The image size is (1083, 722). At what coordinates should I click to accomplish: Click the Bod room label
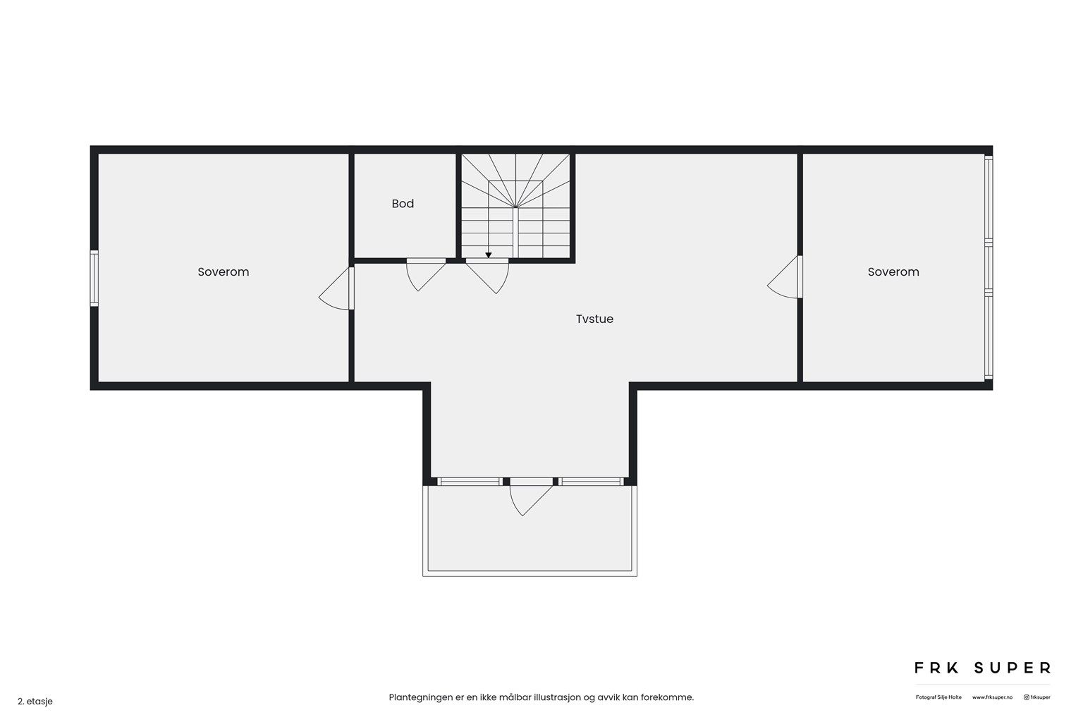coord(403,204)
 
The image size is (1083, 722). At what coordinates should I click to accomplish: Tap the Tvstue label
coord(594,319)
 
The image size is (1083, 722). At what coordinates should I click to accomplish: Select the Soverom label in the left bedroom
coord(223,272)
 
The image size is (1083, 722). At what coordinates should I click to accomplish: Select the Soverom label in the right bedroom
coord(893,272)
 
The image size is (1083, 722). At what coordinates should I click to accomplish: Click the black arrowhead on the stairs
coord(488,255)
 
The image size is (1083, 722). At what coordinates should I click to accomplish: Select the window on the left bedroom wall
coord(94,279)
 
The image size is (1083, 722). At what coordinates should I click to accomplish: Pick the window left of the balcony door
coord(469,482)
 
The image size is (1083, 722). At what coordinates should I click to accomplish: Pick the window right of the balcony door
coord(592,482)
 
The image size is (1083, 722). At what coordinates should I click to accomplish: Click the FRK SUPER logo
coord(982,668)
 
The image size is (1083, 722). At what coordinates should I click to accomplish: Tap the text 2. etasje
coord(35,702)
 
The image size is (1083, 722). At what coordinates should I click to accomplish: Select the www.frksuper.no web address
coord(992,697)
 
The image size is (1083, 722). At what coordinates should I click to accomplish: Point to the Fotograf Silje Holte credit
coord(938,697)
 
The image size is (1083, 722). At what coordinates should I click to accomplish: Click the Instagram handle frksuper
coord(1037,697)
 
